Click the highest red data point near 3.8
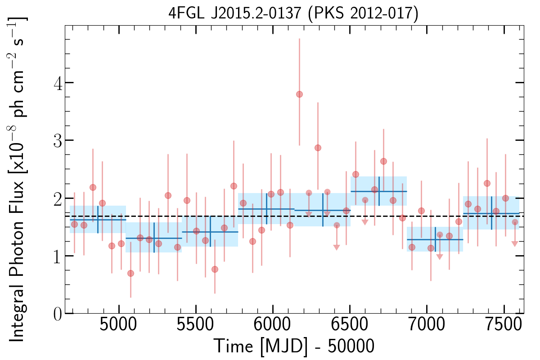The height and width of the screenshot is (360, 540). click(299, 94)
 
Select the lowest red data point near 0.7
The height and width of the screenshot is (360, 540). click(130, 273)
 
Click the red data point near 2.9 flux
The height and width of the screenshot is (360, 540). click(318, 148)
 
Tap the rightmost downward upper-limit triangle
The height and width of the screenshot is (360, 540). click(515, 244)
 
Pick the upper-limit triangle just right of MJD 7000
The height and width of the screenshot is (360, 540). click(440, 257)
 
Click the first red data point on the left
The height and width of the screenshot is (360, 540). click(74, 224)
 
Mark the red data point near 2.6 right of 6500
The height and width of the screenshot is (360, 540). click(383, 161)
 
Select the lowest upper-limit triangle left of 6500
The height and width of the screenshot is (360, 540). click(336, 247)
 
